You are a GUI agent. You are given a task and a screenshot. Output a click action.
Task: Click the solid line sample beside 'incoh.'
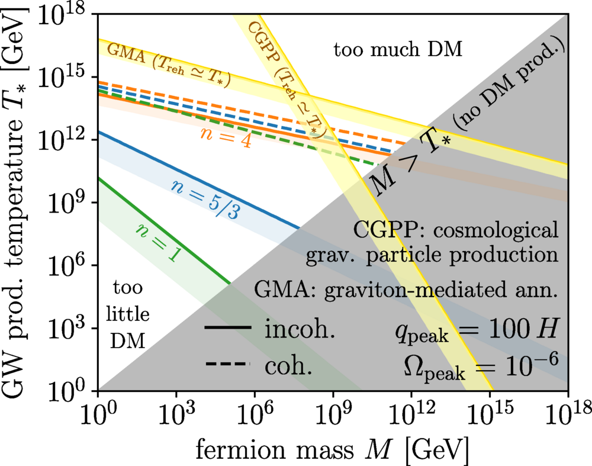pyautogui.click(x=227, y=330)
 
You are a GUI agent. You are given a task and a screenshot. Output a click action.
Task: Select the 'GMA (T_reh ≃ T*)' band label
pyautogui.click(x=169, y=62)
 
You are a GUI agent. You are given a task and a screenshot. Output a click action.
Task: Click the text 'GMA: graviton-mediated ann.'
pyautogui.click(x=406, y=291)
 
